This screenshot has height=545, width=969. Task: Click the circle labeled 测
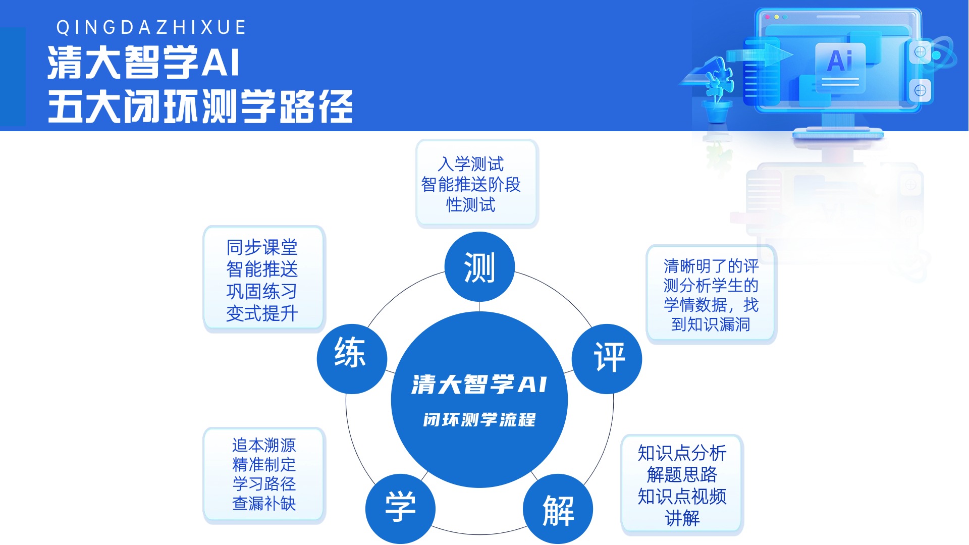click(479, 267)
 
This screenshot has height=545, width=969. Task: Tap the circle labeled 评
click(607, 359)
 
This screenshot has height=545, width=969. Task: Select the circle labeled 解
click(558, 509)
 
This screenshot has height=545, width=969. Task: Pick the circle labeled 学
click(400, 509)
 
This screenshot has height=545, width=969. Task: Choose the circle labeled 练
click(352, 359)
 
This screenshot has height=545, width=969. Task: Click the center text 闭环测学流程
click(479, 420)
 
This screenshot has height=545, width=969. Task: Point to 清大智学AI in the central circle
click(479, 385)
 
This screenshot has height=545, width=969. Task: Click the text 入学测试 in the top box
click(471, 164)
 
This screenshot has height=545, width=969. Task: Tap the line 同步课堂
click(262, 247)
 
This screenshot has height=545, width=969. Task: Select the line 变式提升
click(262, 313)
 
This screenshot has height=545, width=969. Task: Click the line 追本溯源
click(264, 445)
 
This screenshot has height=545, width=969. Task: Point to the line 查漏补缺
click(264, 503)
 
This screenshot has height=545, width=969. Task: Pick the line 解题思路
click(682, 474)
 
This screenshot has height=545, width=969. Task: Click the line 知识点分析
click(682, 453)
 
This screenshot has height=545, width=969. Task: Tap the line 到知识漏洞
click(711, 324)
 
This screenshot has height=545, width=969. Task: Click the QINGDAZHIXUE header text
click(151, 27)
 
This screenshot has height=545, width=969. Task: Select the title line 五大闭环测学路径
click(200, 106)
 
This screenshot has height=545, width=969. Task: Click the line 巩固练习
click(262, 291)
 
